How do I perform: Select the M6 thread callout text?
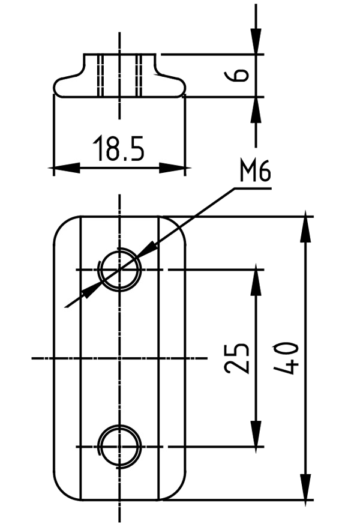coord(255,171)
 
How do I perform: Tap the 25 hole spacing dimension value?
coord(237,358)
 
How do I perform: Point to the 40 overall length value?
coord(286,358)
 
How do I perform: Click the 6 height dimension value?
coord(241,76)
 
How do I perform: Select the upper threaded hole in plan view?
coord(120,270)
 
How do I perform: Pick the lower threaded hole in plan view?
coord(120,447)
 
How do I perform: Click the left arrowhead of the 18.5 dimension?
coord(67,167)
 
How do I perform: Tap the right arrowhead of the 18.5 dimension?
coord(172,167)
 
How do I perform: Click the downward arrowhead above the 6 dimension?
coord(256,41)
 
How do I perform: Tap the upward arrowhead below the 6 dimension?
coord(256,110)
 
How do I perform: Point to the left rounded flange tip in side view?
coord(55,88)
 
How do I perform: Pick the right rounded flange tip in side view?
coord(184,88)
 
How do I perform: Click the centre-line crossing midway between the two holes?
coord(120,358)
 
